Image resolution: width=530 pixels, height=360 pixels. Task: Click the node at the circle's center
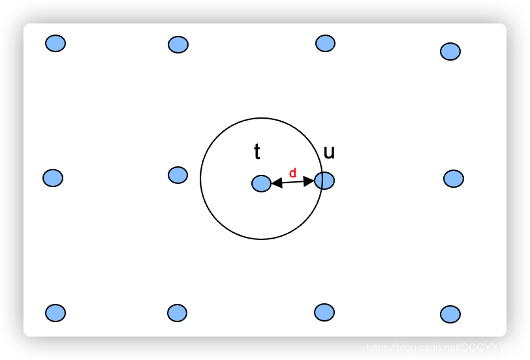click(x=261, y=183)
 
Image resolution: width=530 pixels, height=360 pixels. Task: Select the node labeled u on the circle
click(x=324, y=180)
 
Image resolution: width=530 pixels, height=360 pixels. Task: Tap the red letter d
click(x=292, y=173)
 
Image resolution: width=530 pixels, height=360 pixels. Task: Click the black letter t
click(x=257, y=153)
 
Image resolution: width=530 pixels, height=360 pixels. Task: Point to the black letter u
click(x=329, y=153)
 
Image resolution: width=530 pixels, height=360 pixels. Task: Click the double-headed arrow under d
click(x=292, y=183)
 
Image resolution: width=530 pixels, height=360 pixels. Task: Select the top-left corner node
click(x=55, y=43)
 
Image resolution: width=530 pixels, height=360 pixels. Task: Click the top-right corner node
click(x=450, y=52)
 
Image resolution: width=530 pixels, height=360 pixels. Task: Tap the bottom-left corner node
click(x=55, y=313)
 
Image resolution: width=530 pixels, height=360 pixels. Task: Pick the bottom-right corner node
click(x=450, y=314)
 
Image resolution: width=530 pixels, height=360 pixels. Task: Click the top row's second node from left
click(x=178, y=44)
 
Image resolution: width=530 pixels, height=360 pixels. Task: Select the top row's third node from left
click(x=325, y=43)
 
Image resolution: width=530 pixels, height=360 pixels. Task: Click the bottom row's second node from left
click(x=178, y=313)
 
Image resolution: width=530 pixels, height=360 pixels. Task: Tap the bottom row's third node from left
click(x=324, y=312)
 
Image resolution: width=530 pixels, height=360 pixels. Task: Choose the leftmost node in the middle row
click(x=53, y=177)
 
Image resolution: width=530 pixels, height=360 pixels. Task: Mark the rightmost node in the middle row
click(x=454, y=178)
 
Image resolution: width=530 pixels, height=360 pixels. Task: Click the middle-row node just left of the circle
click(x=178, y=175)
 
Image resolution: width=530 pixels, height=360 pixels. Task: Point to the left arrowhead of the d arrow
click(x=276, y=184)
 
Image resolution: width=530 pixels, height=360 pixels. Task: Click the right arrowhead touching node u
click(x=309, y=181)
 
